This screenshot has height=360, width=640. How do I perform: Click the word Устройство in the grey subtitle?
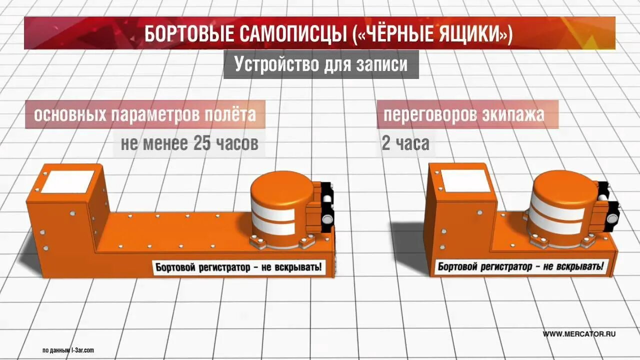[x=276, y=64]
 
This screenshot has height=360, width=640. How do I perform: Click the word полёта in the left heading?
[x=230, y=114]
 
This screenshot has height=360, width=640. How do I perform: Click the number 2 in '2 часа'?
[x=386, y=144]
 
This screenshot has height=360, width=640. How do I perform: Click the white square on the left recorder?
[x=68, y=181]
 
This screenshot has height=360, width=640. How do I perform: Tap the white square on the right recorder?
[x=464, y=180]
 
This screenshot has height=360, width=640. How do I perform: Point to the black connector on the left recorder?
[x=326, y=207]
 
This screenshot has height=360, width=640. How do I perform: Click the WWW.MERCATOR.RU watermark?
[x=579, y=334]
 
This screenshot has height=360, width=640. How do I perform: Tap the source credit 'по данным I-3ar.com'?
[x=68, y=350]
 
